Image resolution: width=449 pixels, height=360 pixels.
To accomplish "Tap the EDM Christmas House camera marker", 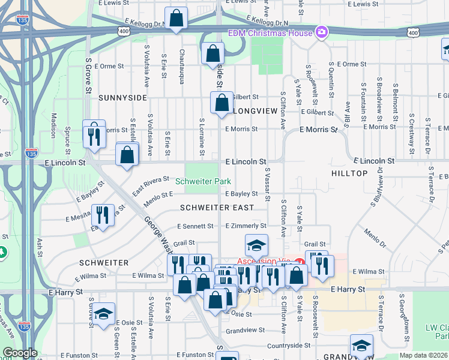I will pyautogui.click(x=322, y=32).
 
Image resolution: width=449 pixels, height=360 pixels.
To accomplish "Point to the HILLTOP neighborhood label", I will pyautogui.click(x=349, y=173).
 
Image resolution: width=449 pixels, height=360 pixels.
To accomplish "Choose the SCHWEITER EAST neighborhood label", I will pyautogui.click(x=217, y=207).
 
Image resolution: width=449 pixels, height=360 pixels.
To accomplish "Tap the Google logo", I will pyautogui.click(x=20, y=353).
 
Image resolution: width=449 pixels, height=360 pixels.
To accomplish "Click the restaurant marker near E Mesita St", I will pyautogui.click(x=103, y=216).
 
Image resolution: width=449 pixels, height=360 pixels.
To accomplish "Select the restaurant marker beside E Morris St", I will pyautogui.click(x=93, y=136).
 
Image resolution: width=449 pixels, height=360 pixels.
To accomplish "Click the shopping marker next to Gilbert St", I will pyautogui.click(x=221, y=102).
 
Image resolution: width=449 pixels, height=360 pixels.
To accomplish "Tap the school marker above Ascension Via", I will pyautogui.click(x=256, y=245).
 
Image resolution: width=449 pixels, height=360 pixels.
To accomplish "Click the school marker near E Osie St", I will pyautogui.click(x=104, y=316).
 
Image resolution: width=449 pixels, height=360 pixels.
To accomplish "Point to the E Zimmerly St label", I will pyautogui.click(x=246, y=226).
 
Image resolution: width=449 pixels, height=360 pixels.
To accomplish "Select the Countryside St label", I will pyautogui.click(x=289, y=345).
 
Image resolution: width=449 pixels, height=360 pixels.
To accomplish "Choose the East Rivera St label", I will pyautogui.click(x=151, y=185).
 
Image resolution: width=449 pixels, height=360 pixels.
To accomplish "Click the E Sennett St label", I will pyautogui.click(x=195, y=226).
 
